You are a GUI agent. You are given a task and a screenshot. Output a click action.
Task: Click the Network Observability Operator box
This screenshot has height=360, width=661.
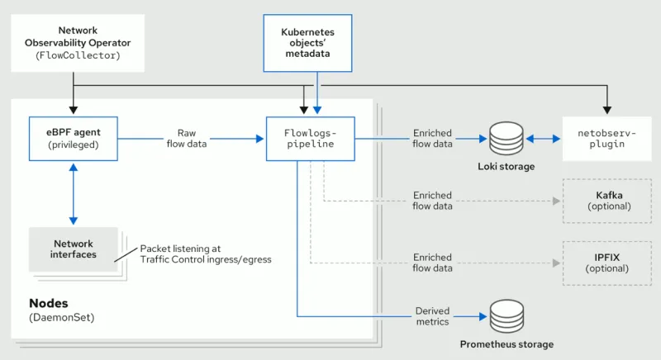(74, 42)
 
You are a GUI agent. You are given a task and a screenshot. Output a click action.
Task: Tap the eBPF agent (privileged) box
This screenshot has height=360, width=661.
(74, 138)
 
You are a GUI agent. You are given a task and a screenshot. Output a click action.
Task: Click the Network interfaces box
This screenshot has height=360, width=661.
(74, 249)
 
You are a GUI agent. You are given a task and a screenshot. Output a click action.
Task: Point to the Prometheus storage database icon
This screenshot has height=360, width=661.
(506, 316)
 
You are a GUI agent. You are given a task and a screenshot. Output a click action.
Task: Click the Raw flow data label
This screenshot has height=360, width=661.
(186, 138)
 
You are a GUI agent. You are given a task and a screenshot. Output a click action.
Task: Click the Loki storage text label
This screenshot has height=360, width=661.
(506, 167)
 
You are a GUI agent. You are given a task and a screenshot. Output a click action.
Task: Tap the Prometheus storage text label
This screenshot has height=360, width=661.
(506, 344)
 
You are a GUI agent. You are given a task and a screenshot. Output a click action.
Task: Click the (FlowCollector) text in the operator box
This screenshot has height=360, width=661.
(74, 55)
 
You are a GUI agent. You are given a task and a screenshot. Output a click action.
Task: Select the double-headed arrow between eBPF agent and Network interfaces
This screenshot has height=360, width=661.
(74, 192)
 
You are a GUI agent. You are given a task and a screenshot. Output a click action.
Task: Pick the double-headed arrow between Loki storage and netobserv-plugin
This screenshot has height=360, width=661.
(541, 138)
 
